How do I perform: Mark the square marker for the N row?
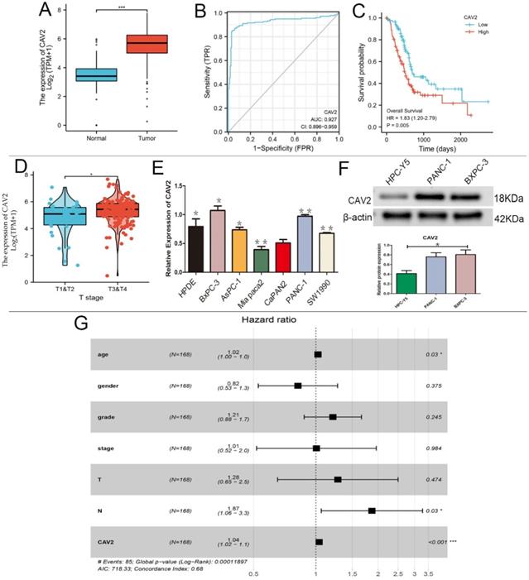coord(372,510)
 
